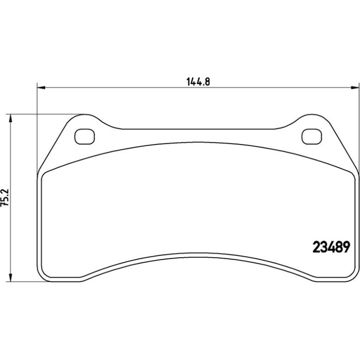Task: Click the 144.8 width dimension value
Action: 198,81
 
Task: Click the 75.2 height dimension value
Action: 5,197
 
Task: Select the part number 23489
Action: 331,247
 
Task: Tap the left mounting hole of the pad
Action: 85,137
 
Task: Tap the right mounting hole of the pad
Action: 311,137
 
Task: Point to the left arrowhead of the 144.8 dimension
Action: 41,87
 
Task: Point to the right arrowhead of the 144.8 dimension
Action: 355,87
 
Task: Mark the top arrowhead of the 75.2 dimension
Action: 10,118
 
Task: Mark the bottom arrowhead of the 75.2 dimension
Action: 10,278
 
